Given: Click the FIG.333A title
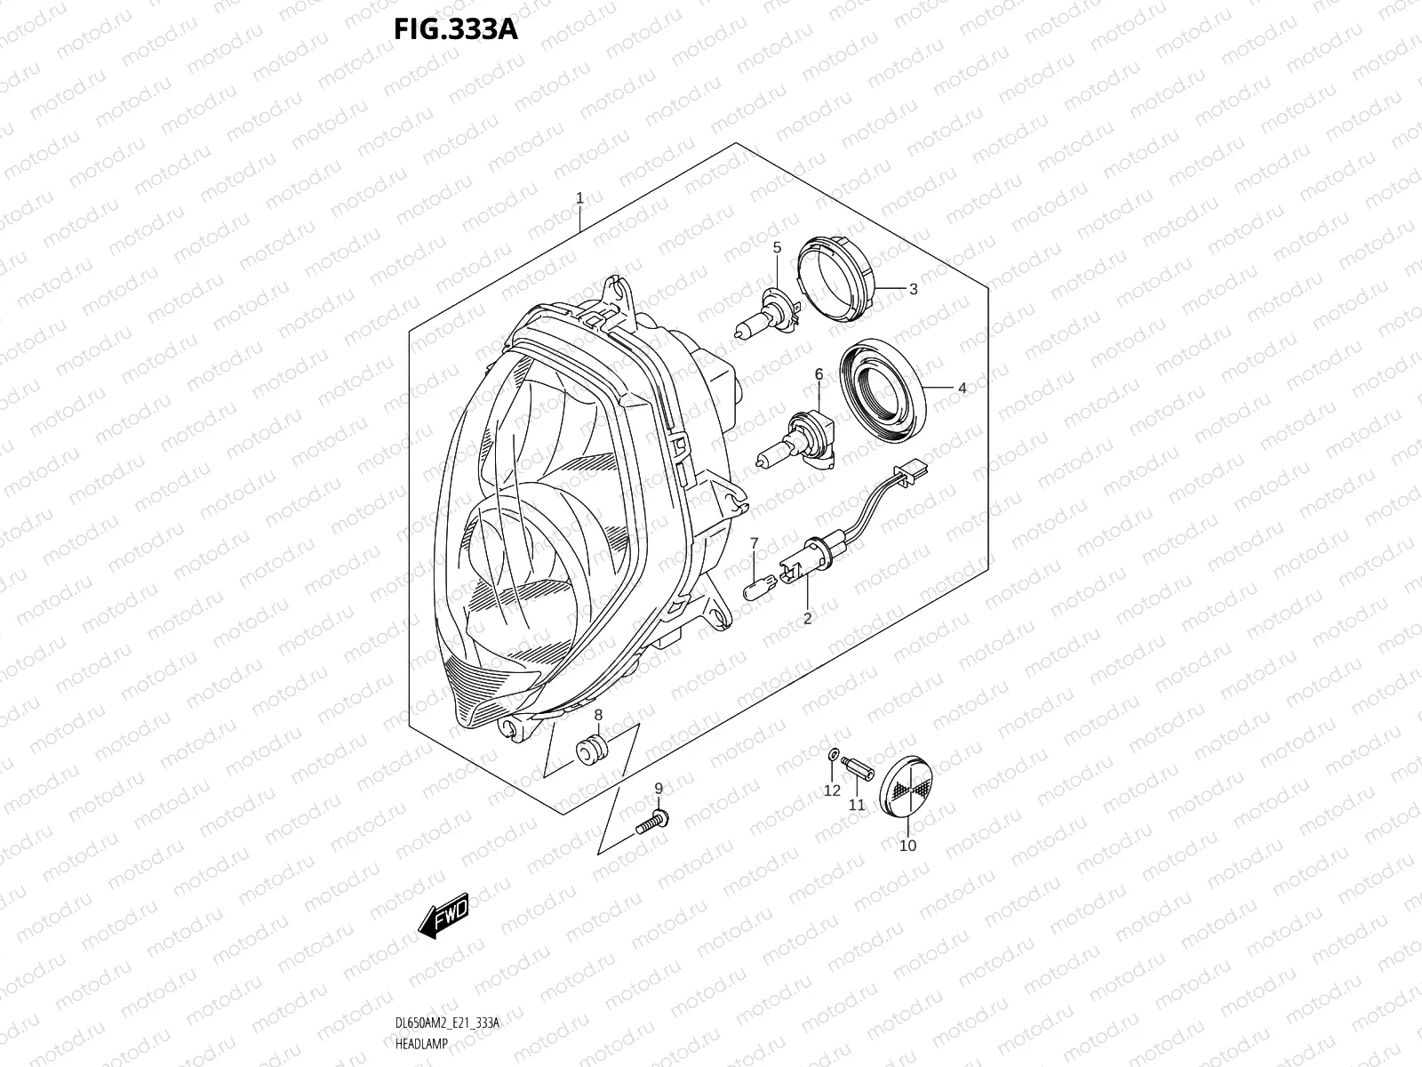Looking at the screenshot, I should (455, 28).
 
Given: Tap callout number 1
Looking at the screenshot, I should (579, 198).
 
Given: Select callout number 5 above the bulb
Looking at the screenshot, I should (776, 247).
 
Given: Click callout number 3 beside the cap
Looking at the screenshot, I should (913, 289).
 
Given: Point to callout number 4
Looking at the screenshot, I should (962, 388).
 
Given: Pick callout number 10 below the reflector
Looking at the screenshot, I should (907, 846).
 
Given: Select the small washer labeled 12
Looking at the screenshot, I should (832, 755).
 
